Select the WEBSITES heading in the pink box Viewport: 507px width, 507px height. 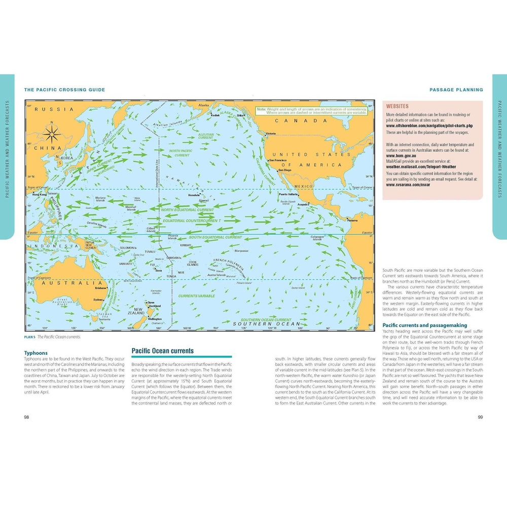pos(398,107)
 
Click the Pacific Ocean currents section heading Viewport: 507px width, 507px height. pos(162,350)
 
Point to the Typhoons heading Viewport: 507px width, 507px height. pos(36,353)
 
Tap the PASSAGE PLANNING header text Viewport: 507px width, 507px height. pos(456,90)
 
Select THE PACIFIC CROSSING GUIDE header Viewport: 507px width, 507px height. pos(64,90)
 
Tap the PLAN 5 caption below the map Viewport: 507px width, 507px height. pos(31,337)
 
